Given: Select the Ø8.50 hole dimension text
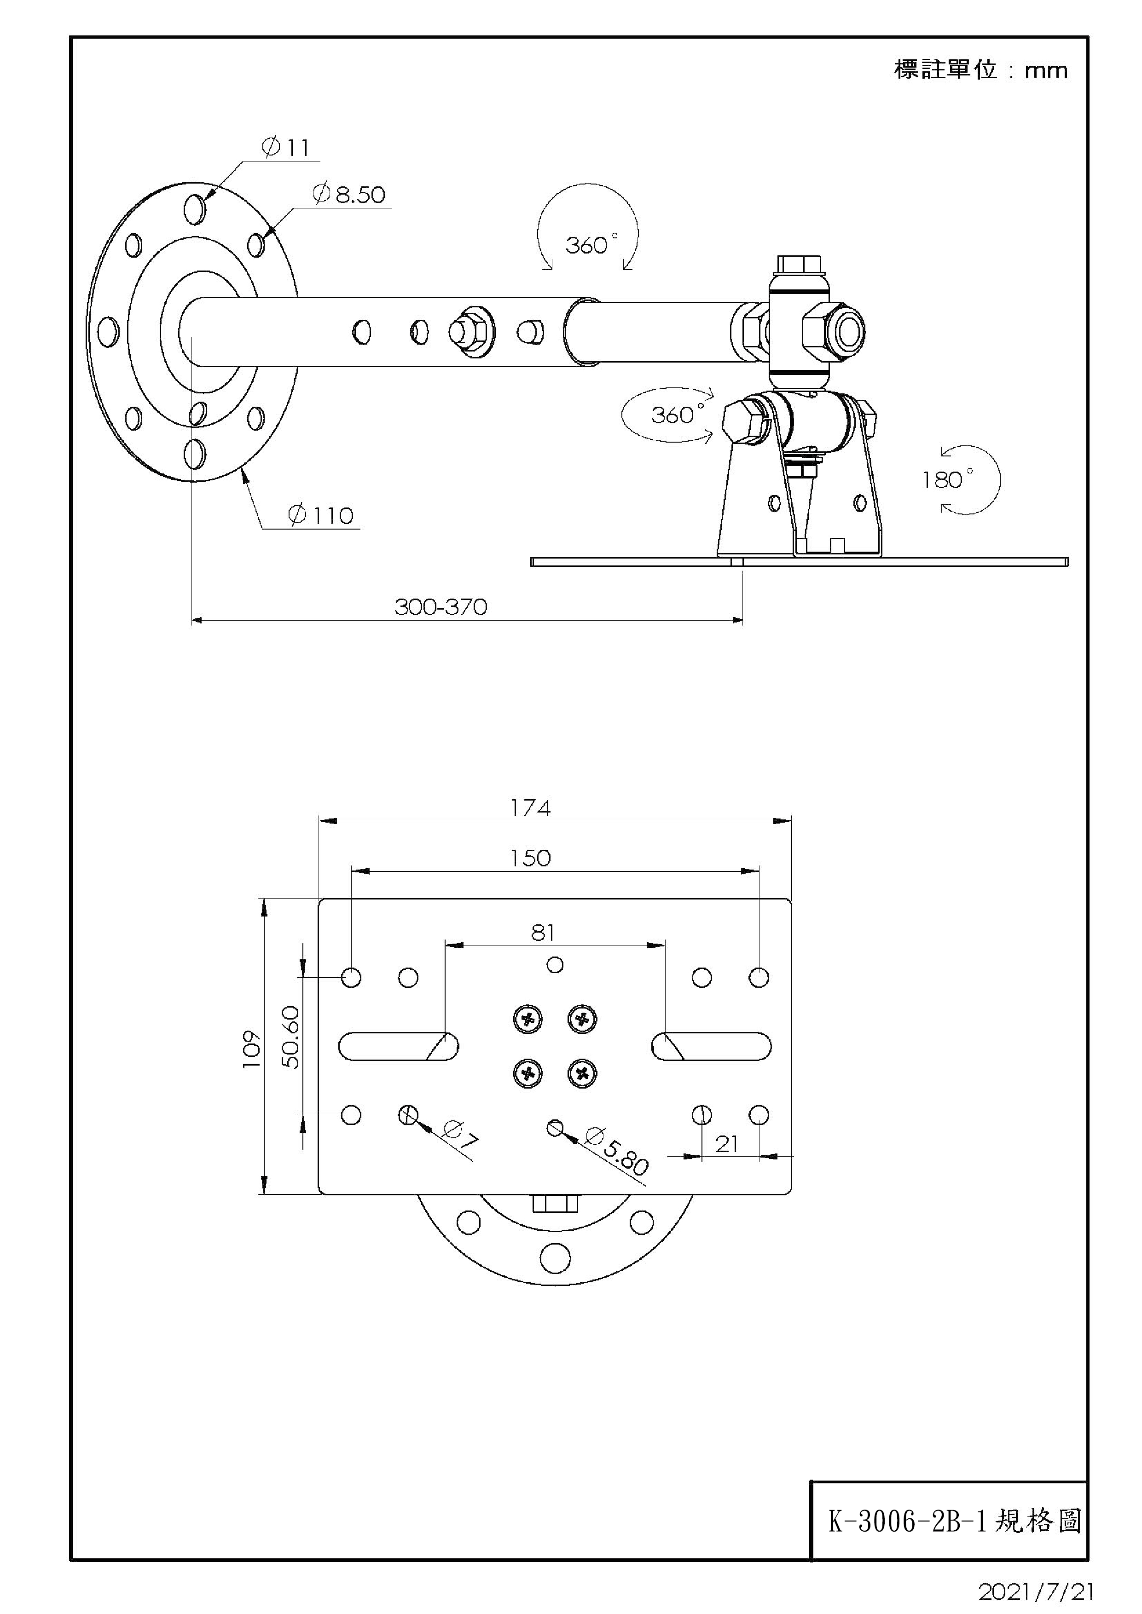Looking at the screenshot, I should click(349, 194).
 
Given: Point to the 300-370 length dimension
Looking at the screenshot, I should click(441, 607).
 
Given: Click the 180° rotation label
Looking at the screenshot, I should click(947, 480).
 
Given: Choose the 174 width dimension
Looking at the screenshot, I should click(530, 808).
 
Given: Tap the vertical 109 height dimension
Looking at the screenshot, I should click(251, 1049).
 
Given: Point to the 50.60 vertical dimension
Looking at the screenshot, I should click(290, 1038).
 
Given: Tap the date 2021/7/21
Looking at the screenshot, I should click(1036, 1591).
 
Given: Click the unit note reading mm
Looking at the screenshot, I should click(1046, 71).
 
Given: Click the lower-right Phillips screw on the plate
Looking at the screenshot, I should click(581, 1073).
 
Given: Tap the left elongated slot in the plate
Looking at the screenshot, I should click(398, 1046).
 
